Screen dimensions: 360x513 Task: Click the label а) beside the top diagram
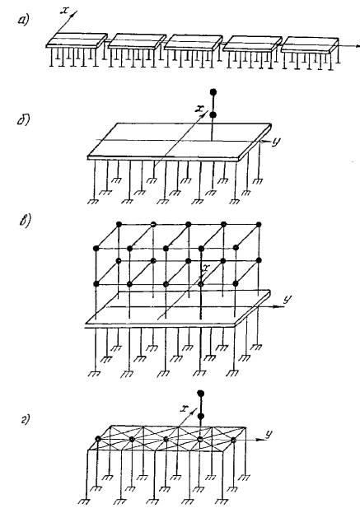click(x=24, y=21)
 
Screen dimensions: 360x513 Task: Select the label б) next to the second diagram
click(x=24, y=120)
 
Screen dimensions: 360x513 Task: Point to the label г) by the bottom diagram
click(x=26, y=419)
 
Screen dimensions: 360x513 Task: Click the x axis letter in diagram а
click(x=65, y=10)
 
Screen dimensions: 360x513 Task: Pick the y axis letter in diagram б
click(x=276, y=142)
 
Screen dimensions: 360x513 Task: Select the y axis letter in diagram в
click(x=288, y=300)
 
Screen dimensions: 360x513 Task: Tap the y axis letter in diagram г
click(x=269, y=435)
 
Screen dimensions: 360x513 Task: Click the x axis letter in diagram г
click(x=185, y=408)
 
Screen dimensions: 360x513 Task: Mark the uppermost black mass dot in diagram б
click(x=213, y=92)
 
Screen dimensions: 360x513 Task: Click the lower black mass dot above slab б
click(x=213, y=114)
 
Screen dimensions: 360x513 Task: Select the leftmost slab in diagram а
click(x=77, y=40)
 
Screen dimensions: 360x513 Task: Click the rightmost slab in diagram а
click(x=310, y=44)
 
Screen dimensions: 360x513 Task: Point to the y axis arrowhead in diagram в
click(x=278, y=307)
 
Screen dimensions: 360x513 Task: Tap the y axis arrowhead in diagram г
click(x=259, y=440)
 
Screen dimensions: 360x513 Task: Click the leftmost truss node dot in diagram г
click(x=98, y=438)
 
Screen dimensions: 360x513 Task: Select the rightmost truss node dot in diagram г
click(x=233, y=440)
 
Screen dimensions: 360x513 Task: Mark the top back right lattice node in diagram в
click(x=259, y=225)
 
